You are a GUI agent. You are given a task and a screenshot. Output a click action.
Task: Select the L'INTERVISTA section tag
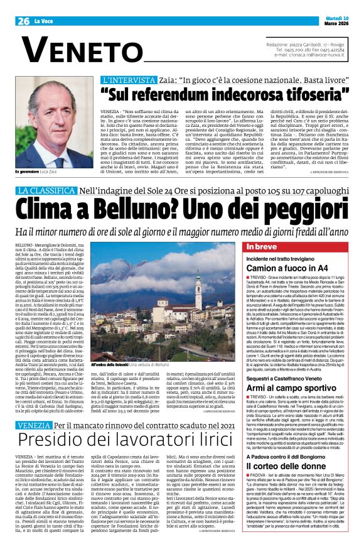pyautogui.click(x=122, y=80)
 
